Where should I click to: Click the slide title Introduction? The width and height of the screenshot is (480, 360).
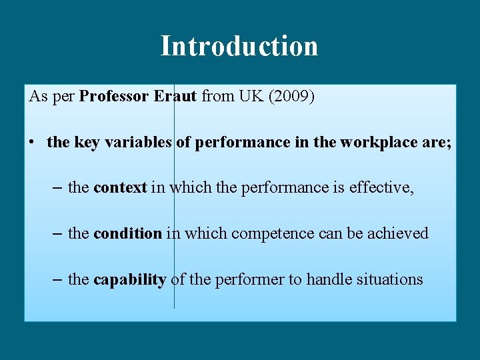(239, 46)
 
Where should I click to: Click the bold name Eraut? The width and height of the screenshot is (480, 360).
(175, 96)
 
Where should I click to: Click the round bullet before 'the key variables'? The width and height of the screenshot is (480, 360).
(32, 142)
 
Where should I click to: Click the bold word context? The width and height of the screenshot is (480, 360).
(120, 188)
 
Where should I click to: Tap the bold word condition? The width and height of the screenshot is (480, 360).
(127, 233)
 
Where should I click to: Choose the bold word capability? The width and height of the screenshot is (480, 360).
(129, 279)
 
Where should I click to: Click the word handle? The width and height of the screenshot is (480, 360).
(327, 279)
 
